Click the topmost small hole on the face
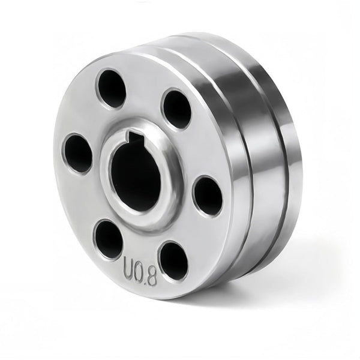coord(112,88)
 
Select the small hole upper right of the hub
coord(177,109)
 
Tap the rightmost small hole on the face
coord(208,196)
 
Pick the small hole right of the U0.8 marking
coord(173,260)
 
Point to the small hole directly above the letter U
coord(109,239)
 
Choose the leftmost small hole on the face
coord(78,153)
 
